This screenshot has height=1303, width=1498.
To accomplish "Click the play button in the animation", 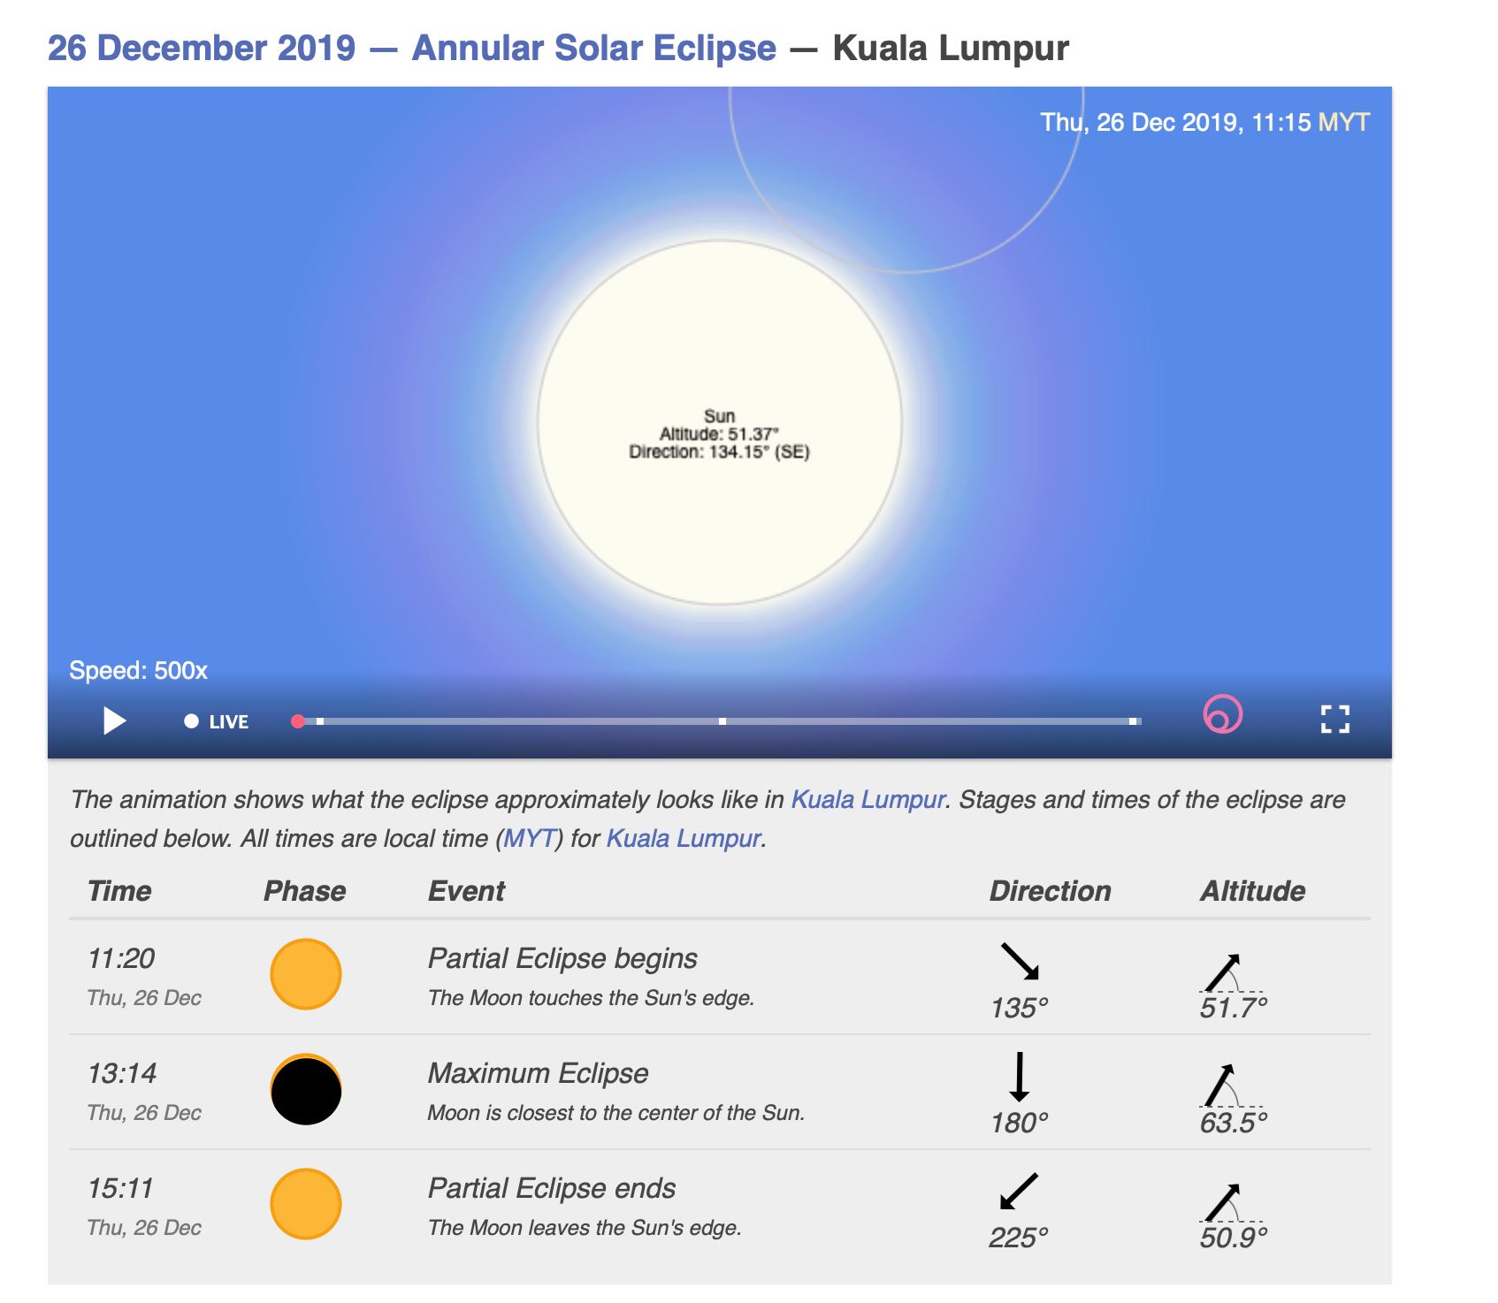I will click(114, 720).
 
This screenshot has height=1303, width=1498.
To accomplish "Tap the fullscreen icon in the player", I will click(1334, 719).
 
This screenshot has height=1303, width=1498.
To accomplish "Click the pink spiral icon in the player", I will click(1222, 714).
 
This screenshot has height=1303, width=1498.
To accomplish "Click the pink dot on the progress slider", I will click(298, 721).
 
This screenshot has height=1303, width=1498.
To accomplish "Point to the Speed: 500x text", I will click(138, 670).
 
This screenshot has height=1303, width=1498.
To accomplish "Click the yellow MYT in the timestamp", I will click(1343, 122).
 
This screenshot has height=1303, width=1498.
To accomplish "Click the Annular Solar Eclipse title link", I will click(593, 48).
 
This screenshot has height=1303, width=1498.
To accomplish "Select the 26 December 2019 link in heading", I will click(202, 48).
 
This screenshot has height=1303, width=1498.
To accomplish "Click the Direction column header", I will click(1050, 890).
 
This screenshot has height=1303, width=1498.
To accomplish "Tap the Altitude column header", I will click(1252, 890).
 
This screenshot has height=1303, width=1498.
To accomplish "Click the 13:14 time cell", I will click(122, 1073).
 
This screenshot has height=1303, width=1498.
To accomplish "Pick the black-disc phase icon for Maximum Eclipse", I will click(306, 1090).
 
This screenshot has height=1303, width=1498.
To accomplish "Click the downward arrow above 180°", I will click(1020, 1076).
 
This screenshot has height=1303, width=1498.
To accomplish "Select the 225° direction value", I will click(1019, 1237).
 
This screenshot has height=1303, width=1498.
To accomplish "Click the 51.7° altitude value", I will click(1234, 1008).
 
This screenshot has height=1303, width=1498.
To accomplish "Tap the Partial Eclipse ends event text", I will click(552, 1188).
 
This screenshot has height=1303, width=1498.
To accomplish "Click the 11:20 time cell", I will click(121, 958).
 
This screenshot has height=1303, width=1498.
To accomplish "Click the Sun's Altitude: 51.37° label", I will click(719, 434).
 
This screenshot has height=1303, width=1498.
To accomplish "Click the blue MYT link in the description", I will click(529, 838).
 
